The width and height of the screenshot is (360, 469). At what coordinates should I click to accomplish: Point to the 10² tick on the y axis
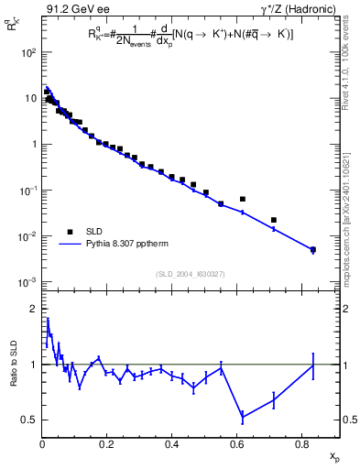point(28,52)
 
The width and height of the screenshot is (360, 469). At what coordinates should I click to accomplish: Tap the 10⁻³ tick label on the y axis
point(28,282)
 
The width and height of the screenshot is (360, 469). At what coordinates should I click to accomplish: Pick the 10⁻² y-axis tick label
point(28,236)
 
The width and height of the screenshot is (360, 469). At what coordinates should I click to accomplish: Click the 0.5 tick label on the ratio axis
point(30,420)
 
